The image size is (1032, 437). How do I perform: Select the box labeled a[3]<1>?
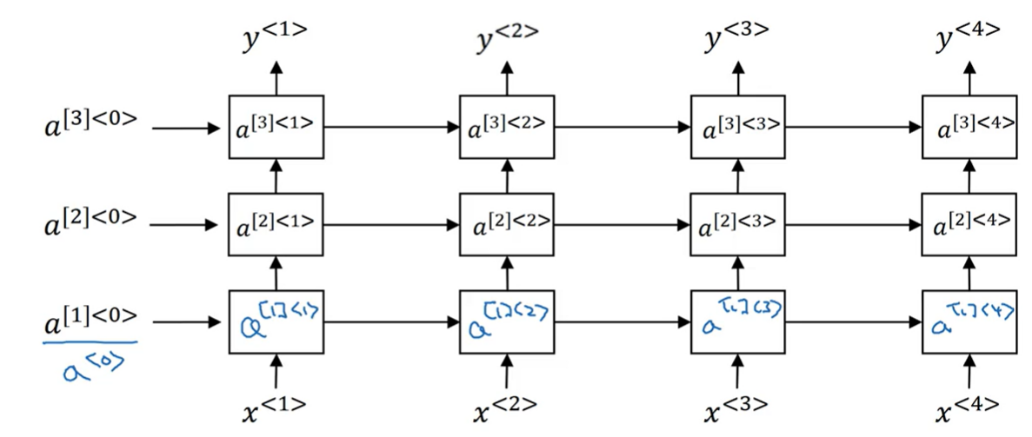(276, 128)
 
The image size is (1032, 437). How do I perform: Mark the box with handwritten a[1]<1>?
(276, 322)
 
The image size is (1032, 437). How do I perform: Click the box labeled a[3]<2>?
(508, 128)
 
